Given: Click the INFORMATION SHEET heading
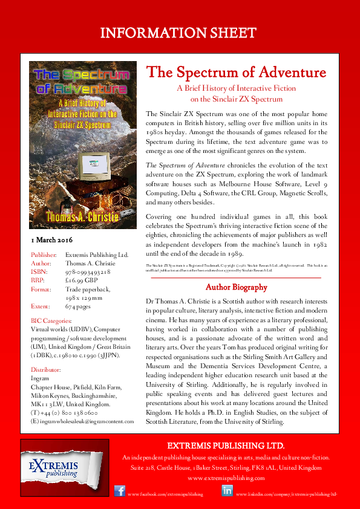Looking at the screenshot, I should [180, 31].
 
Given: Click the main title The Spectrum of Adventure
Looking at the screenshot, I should [237, 74].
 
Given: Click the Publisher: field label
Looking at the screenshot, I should [44, 256].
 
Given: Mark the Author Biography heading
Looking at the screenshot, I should [233, 287].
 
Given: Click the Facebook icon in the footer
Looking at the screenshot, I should [120, 491].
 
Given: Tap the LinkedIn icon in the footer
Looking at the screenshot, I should [227, 491].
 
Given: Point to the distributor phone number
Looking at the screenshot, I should [60, 409].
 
